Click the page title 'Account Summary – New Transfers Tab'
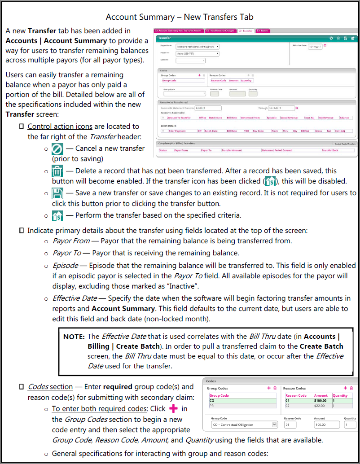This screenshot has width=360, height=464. click(180, 17)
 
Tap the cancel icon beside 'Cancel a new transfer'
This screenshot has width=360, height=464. click(57, 149)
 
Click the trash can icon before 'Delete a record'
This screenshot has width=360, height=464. click(57, 171)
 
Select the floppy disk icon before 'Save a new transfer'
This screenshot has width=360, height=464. click(57, 193)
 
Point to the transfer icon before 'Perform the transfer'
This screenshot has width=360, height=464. click(57, 215)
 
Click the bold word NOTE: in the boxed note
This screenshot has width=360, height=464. click(75, 337)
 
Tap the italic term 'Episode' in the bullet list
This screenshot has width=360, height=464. click(65, 265)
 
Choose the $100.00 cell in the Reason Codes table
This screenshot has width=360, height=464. click(320, 401)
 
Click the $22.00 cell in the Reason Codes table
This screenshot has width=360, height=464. click(320, 406)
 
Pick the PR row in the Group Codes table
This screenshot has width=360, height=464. click(242, 406)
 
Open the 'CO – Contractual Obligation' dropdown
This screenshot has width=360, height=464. click(244, 425)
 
